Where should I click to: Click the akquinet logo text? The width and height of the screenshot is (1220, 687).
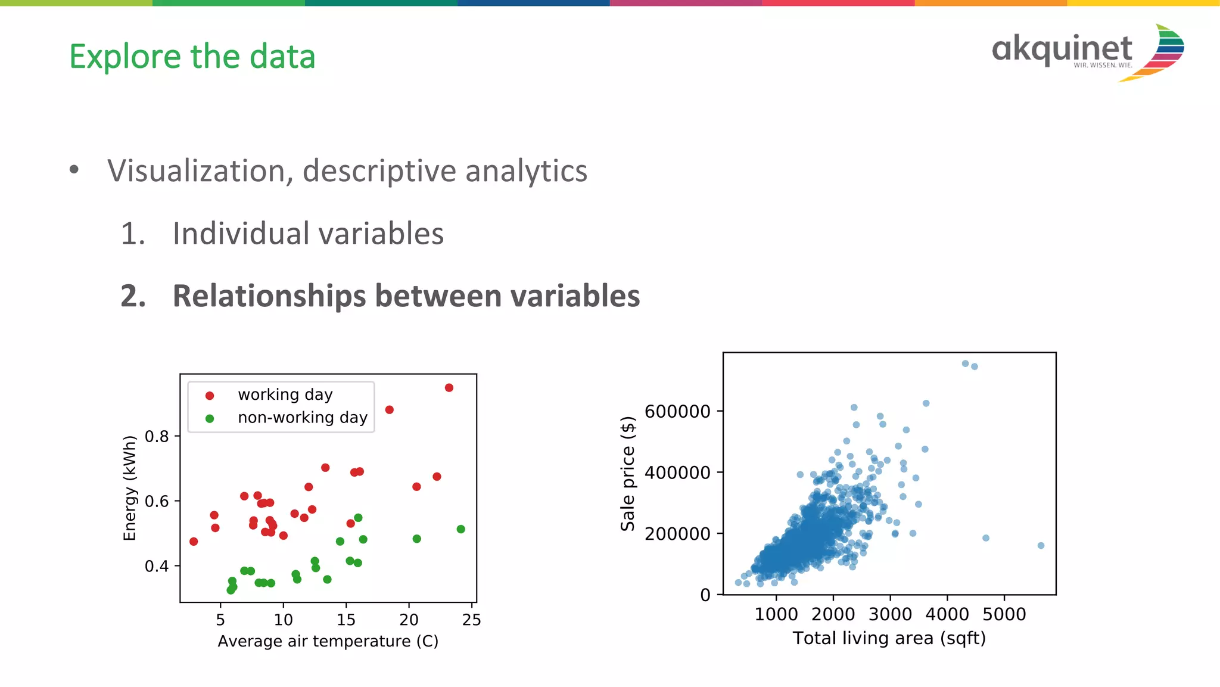point(1062,49)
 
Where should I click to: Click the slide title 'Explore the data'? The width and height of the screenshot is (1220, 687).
point(192,57)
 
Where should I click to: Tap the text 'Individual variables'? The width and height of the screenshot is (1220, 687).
point(308,234)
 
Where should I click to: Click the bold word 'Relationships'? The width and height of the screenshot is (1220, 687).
point(269,296)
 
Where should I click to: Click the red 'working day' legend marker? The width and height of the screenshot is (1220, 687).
point(210,396)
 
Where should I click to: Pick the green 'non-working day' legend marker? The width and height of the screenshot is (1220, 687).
point(210,419)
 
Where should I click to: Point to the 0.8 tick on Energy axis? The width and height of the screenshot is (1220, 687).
point(157,436)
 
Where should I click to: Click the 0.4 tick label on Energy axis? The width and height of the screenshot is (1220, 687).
point(157,566)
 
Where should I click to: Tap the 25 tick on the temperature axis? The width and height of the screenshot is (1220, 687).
point(471,620)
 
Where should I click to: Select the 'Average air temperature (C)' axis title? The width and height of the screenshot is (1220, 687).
point(328,641)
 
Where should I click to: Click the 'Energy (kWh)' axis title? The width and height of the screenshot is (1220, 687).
point(130,488)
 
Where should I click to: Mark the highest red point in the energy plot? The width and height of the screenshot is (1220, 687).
point(449,388)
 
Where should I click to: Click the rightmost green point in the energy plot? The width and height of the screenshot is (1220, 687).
point(460,529)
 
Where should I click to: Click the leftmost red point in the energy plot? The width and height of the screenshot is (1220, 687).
point(194,542)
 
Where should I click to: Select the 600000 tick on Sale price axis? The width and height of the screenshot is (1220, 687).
point(677,411)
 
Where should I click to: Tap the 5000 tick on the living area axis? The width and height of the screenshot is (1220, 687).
point(1004,614)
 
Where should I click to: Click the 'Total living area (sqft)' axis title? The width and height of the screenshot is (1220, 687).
point(889,638)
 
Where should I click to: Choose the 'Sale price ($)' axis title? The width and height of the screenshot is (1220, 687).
point(628,474)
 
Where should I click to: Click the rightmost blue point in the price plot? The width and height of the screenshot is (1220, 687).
point(1041,546)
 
